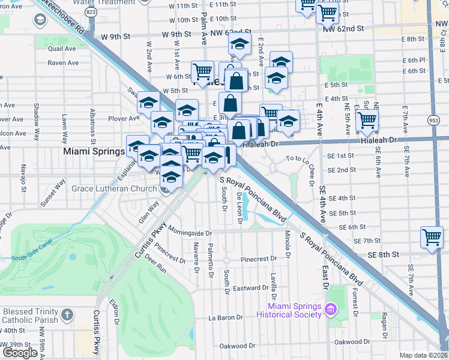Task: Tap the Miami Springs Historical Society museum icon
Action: tap(330, 310)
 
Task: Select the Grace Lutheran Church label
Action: tap(114, 189)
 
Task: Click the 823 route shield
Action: tap(91, 11)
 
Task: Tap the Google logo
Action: tap(20, 353)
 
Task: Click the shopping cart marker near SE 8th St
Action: tap(432, 237)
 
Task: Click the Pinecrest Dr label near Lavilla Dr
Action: tap(258, 260)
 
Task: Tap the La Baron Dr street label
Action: tap(224, 317)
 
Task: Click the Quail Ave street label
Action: tap(62, 49)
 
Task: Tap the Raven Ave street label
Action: tap(64, 62)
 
